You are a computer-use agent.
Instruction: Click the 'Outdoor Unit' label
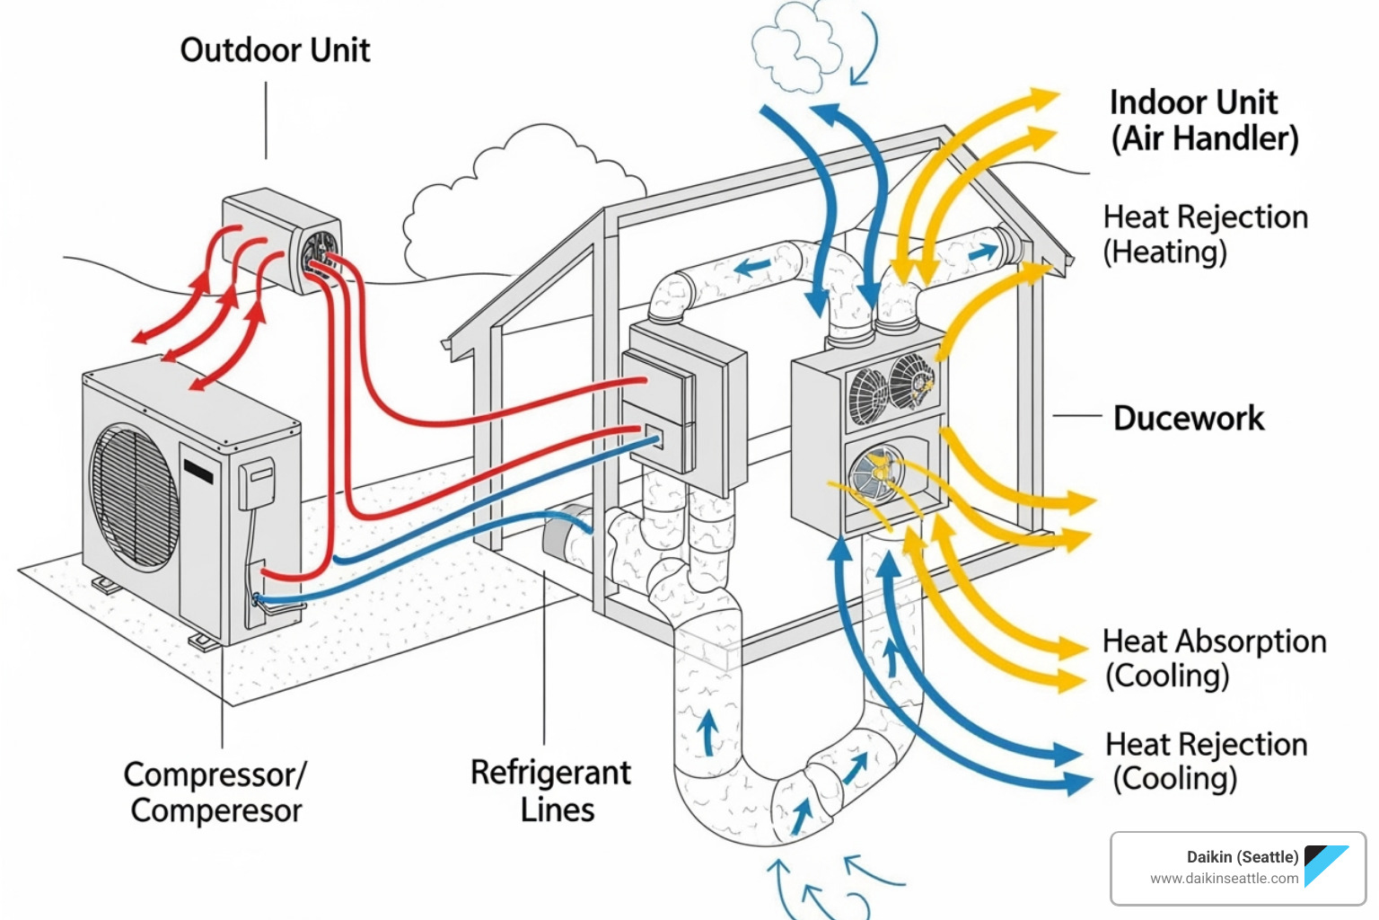(x=275, y=50)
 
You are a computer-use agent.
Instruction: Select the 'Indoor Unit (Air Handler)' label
(x=1203, y=120)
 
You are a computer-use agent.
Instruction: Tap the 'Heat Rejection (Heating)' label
(x=1205, y=234)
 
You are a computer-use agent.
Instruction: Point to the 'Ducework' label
(x=1188, y=419)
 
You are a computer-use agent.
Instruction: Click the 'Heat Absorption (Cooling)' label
(x=1213, y=659)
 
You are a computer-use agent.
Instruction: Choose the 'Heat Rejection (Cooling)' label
(x=1206, y=761)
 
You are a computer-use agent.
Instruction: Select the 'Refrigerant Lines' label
(x=551, y=791)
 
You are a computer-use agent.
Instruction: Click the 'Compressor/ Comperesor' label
(x=215, y=792)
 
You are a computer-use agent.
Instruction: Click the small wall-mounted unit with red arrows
(x=280, y=240)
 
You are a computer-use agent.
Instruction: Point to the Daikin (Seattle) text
(x=1242, y=857)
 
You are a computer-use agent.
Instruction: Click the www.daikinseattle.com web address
(x=1224, y=879)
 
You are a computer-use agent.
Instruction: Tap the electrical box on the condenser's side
(x=256, y=484)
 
